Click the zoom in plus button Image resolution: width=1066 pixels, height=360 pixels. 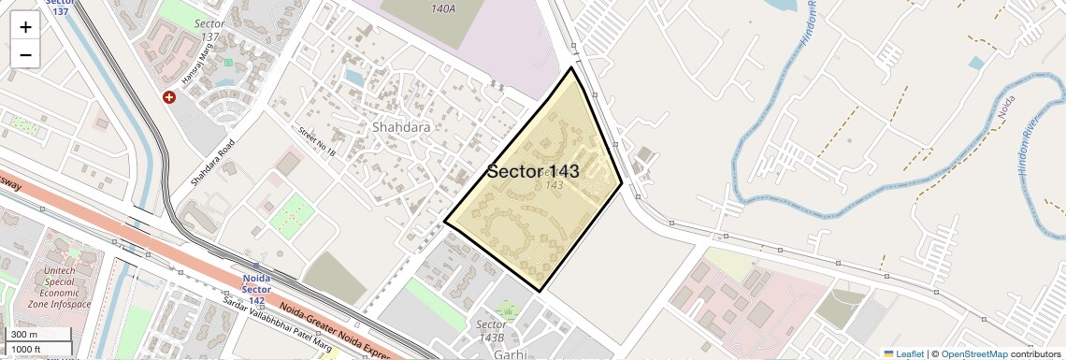click(x=25, y=27)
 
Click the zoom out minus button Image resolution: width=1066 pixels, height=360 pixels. click(x=25, y=55)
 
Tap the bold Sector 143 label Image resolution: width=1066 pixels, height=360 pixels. click(x=533, y=171)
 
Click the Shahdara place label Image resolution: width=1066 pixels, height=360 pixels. click(x=401, y=127)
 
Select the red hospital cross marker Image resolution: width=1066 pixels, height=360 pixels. click(x=169, y=97)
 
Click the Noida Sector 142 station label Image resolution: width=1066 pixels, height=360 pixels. click(x=256, y=284)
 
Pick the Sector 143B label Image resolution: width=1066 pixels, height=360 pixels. click(x=491, y=330)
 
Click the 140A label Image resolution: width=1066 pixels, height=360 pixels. click(x=443, y=8)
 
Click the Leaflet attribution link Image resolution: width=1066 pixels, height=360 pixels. click(x=903, y=353)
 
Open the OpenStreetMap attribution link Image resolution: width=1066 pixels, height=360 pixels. click(x=973, y=353)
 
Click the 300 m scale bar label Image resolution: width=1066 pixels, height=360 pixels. click(x=24, y=335)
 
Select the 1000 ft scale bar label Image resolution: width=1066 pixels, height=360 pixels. click(x=26, y=349)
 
